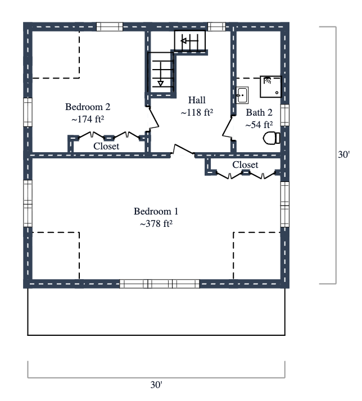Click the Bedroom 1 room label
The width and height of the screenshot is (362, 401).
coord(156,212)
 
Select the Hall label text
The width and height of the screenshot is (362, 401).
coord(197,100)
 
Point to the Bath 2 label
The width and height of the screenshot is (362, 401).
coord(259,112)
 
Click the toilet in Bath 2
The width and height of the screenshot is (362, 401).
coord(271,138)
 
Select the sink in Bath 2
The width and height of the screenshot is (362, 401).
coord(242,95)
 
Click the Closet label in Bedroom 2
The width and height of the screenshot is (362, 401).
coord(106,146)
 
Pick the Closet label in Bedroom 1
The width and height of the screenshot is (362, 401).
coord(245,165)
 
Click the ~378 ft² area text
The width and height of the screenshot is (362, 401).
coord(156,224)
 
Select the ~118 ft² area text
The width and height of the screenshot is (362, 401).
coord(197,112)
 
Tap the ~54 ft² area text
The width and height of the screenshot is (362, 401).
coord(259,125)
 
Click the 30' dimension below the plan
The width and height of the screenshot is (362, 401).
coord(156,385)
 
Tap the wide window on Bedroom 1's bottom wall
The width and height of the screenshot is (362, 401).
coord(160,284)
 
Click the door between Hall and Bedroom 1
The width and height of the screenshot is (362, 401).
coord(183,151)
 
